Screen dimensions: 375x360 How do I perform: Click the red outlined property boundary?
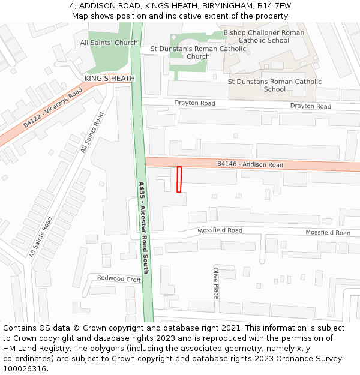(x=179, y=179)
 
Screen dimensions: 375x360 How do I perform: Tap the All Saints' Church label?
(x=109, y=43)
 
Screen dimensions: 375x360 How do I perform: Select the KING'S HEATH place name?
(x=109, y=79)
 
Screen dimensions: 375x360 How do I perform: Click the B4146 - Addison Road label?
(x=250, y=164)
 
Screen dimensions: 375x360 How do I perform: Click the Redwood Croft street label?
(x=119, y=279)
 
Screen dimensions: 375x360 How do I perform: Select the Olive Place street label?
(x=215, y=283)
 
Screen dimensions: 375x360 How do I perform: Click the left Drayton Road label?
(x=194, y=103)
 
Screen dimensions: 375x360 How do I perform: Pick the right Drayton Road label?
(x=310, y=106)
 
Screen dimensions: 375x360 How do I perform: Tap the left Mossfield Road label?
(x=220, y=230)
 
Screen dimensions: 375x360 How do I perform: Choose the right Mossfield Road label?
(x=328, y=233)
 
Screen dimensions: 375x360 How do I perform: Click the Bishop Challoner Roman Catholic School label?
(x=264, y=37)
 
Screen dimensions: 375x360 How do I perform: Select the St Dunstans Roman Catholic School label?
(x=275, y=85)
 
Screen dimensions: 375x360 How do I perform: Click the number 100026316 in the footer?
(x=26, y=368)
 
